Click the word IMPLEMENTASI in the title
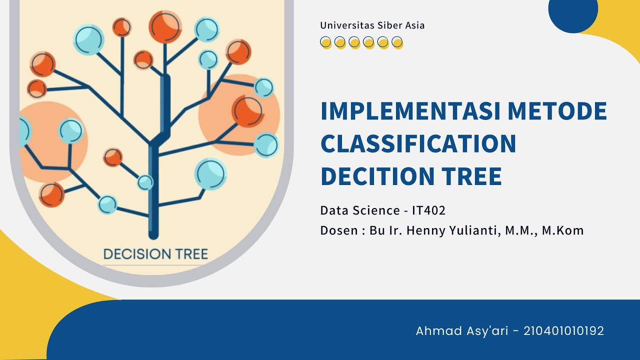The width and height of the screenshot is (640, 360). tap(410, 111)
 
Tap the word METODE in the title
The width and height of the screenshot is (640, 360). tap(557, 111)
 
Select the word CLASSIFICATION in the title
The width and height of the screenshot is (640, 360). tap(418, 143)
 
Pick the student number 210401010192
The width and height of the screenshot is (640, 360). tap(563, 330)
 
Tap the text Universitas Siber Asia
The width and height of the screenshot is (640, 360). tap(372, 25)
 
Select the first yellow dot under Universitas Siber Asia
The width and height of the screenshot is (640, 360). tap(325, 42)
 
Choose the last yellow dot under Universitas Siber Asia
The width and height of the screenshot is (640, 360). tap(397, 42)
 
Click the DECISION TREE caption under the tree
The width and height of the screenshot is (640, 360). tap(155, 254)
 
